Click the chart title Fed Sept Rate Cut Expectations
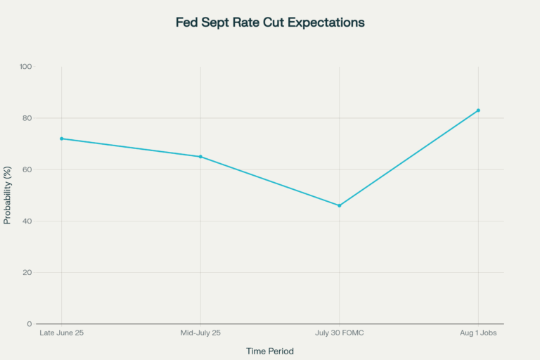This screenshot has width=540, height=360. (x=270, y=22)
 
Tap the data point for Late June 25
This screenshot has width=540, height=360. (x=62, y=139)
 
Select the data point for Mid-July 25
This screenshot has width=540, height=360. (x=200, y=157)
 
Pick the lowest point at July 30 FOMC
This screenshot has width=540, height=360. (x=340, y=205)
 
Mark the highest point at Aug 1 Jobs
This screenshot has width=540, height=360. (x=479, y=110)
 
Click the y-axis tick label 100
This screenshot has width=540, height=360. (x=26, y=67)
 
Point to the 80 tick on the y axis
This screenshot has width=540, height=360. (x=27, y=118)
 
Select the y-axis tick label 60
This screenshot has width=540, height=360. (x=27, y=169)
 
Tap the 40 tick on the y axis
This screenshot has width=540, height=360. (x=27, y=221)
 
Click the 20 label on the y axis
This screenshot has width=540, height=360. (x=27, y=272)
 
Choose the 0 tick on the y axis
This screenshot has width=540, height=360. (x=30, y=324)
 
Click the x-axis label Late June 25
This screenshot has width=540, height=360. (x=62, y=333)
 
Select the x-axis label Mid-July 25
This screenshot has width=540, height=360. (x=200, y=333)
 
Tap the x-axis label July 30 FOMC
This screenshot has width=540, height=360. (x=340, y=333)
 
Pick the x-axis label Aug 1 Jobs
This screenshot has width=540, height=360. (x=479, y=333)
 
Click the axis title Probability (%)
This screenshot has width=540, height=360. (x=8, y=195)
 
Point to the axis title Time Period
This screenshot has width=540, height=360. (x=270, y=351)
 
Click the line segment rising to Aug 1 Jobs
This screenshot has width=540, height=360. (x=409, y=158)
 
